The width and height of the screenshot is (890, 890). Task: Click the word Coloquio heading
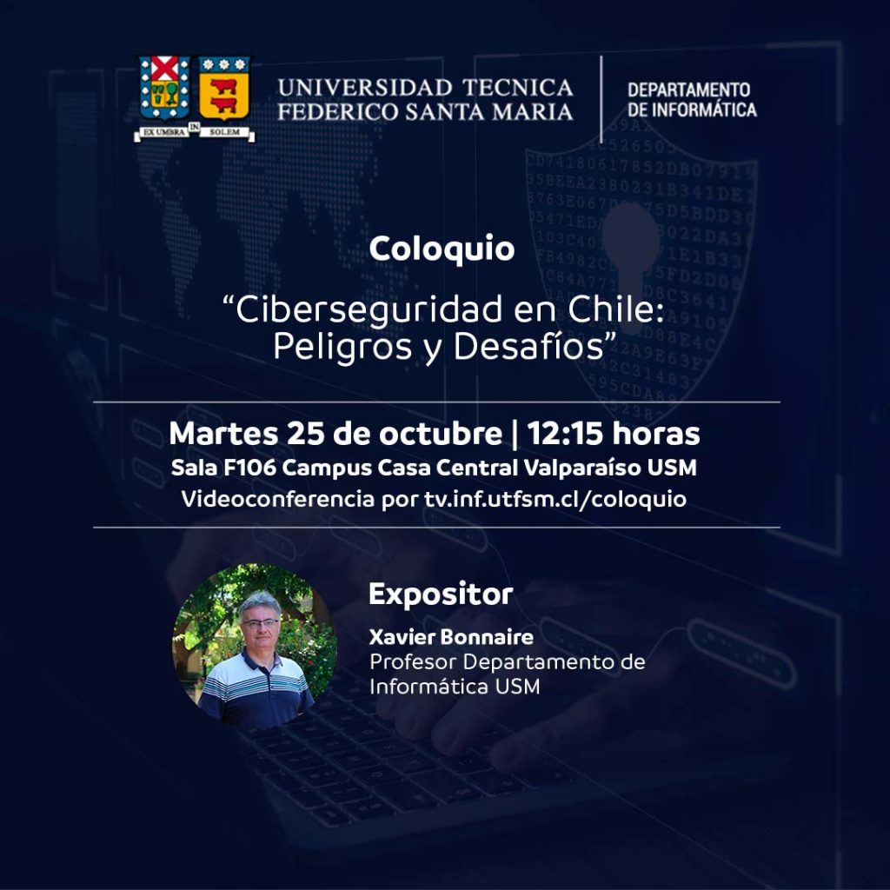click(x=442, y=249)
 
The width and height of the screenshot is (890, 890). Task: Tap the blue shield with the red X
click(x=164, y=88)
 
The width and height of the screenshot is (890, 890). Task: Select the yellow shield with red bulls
click(x=224, y=88)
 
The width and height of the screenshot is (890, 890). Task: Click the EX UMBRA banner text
click(x=163, y=132)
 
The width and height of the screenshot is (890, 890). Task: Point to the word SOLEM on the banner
click(x=225, y=132)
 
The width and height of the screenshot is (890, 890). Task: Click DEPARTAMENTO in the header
click(x=688, y=90)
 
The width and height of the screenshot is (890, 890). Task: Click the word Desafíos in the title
click(x=528, y=346)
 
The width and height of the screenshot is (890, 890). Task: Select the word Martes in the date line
click(x=223, y=434)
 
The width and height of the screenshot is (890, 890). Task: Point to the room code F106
click(x=249, y=468)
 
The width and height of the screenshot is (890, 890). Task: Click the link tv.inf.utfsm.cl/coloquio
click(x=555, y=500)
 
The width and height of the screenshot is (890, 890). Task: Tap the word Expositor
click(x=441, y=594)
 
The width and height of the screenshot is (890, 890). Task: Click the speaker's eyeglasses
click(x=261, y=623)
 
